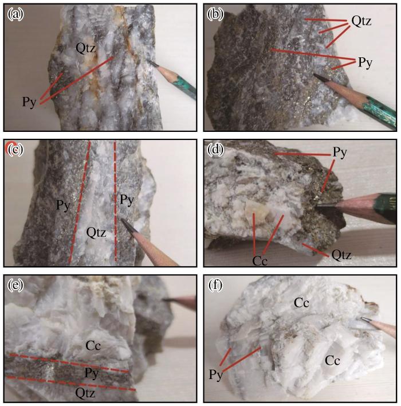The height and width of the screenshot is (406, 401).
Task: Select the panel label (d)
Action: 215,150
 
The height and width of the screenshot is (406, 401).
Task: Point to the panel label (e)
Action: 15,285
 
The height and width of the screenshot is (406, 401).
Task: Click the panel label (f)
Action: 215,285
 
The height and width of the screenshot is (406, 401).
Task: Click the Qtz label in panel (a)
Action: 85,48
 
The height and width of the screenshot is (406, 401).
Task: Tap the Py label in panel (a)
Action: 29,102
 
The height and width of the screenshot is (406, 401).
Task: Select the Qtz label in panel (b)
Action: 361,21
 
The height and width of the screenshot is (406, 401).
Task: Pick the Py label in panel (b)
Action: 365,63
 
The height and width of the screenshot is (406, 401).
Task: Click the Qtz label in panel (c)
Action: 96,232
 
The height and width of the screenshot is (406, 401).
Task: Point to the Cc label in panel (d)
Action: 260,261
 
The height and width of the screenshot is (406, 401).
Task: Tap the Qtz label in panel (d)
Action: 341,255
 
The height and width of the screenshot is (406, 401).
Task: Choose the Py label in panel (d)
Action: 340,153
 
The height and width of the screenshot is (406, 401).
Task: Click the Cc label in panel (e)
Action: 93,346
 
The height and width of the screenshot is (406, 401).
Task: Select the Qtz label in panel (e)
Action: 85,393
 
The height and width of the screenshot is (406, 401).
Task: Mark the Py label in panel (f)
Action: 216,374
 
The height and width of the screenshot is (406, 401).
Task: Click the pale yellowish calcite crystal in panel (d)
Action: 257,212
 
